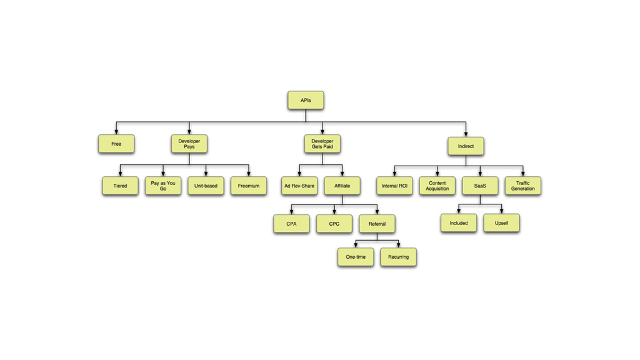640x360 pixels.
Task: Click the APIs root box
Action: (306, 100)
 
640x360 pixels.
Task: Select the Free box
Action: (116, 144)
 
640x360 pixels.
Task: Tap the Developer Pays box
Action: (189, 144)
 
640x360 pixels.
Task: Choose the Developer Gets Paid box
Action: (322, 144)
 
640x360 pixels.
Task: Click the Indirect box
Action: (466, 146)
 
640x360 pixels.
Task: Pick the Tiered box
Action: (120, 186)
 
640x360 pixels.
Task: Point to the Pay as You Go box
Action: (163, 186)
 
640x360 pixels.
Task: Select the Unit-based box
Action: (206, 186)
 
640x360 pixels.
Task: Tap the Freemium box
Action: (249, 186)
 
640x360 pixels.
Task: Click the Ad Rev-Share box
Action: (299, 186)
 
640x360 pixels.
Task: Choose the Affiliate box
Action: (342, 186)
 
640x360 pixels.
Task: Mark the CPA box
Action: (291, 224)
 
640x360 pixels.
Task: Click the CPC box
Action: (334, 224)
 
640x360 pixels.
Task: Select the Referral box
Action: (377, 224)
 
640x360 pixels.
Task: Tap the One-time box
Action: (356, 257)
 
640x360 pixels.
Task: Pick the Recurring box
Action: (398, 257)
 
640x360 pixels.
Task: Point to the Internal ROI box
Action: (394, 186)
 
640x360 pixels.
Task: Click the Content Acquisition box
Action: (437, 186)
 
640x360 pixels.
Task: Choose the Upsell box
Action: (501, 223)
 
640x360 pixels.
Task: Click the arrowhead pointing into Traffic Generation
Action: (522, 174)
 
